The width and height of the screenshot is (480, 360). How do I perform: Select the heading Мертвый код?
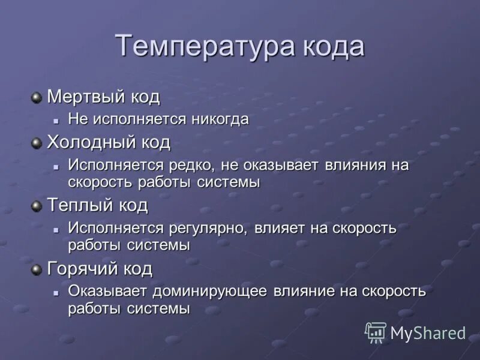(103, 96)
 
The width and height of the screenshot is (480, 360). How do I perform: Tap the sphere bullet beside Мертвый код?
(37, 96)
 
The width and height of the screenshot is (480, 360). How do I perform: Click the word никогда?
(220, 119)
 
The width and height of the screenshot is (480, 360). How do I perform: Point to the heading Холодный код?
(109, 142)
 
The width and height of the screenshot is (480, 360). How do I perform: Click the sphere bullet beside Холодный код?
(37, 143)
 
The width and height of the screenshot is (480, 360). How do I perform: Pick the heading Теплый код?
(97, 205)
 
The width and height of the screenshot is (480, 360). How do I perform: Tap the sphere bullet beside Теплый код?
(37, 206)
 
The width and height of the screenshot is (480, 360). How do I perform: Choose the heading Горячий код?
(100, 268)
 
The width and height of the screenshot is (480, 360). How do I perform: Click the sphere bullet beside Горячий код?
(37, 269)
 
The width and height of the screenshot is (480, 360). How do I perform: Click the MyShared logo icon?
(376, 332)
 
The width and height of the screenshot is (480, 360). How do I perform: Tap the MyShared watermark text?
(428, 333)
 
